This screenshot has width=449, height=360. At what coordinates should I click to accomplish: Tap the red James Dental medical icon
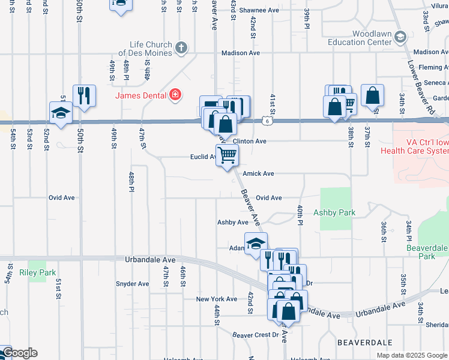tap(175, 94)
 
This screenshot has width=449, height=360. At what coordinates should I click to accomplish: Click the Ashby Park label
tap(334, 212)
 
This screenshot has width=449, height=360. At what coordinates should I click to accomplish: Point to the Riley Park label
tap(37, 272)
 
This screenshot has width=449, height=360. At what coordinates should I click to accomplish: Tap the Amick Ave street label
tap(259, 173)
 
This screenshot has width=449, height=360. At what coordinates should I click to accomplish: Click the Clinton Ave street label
tap(249, 141)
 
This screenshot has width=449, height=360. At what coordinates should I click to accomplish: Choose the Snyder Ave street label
tap(132, 284)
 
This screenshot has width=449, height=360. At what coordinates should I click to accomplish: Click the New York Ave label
tap(217, 299)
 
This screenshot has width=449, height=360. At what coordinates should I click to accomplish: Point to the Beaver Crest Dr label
tap(256, 335)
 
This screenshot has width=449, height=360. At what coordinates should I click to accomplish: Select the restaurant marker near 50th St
tap(83, 95)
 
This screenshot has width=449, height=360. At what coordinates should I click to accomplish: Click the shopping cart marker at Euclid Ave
tap(228, 155)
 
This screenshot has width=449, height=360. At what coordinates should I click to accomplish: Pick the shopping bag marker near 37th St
tap(373, 95)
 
